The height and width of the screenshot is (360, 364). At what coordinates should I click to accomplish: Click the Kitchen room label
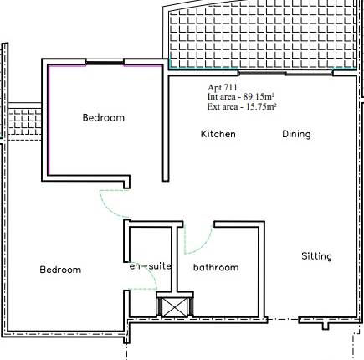[218, 134]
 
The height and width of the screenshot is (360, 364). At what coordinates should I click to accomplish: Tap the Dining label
[296, 134]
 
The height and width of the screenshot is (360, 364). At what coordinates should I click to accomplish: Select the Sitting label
[317, 255]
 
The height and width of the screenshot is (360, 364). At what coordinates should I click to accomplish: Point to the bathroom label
[216, 268]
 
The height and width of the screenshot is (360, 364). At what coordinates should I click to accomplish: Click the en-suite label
[150, 266]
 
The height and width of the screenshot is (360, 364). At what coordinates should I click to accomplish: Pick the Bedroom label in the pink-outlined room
[103, 118]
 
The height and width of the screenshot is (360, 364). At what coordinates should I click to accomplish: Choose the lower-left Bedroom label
[60, 270]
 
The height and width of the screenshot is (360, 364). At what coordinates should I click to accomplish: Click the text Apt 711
[223, 88]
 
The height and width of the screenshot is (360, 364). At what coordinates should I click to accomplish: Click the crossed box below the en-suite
[173, 306]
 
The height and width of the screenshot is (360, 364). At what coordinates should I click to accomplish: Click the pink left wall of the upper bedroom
[49, 117]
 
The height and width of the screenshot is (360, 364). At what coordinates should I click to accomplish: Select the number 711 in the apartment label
[230, 88]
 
